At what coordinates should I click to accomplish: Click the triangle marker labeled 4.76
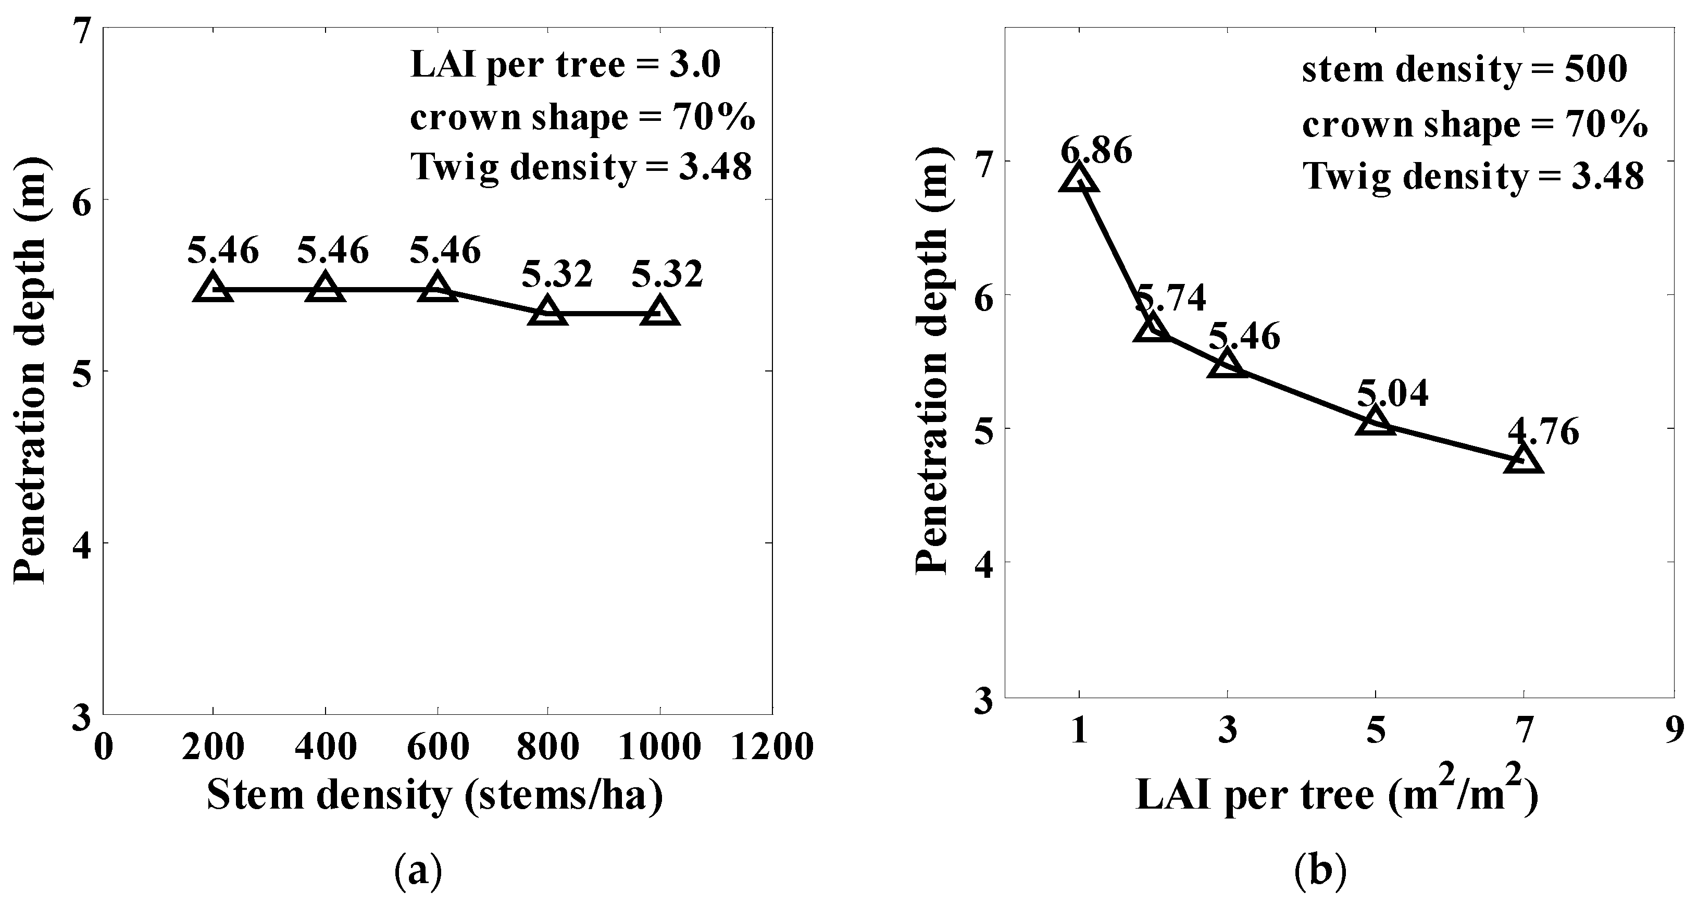tap(1524, 459)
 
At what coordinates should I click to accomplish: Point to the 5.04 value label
tap(1392, 393)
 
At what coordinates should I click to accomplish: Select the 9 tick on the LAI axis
tap(1674, 732)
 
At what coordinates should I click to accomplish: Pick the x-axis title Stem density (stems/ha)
tap(435, 796)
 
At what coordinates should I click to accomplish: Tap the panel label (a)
tap(418, 871)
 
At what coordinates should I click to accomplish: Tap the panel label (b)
tap(1320, 871)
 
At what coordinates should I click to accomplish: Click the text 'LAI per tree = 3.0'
tap(566, 66)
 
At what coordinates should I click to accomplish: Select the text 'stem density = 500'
tap(1465, 69)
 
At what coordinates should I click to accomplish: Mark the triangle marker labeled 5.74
tap(1152, 328)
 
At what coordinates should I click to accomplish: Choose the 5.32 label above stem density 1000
tap(667, 274)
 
